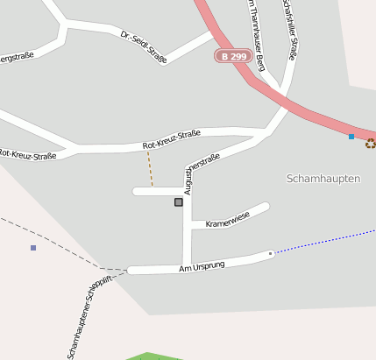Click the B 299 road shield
coord(231,55)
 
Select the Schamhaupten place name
coord(323,178)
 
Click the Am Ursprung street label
coord(202,265)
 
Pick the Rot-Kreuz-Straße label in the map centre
coord(172,139)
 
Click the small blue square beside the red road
coord(351,137)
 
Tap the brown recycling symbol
coord(371,144)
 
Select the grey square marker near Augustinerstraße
coord(179,202)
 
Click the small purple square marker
coord(33,248)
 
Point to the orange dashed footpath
coord(150,168)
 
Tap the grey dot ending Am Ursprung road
coord(271,253)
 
